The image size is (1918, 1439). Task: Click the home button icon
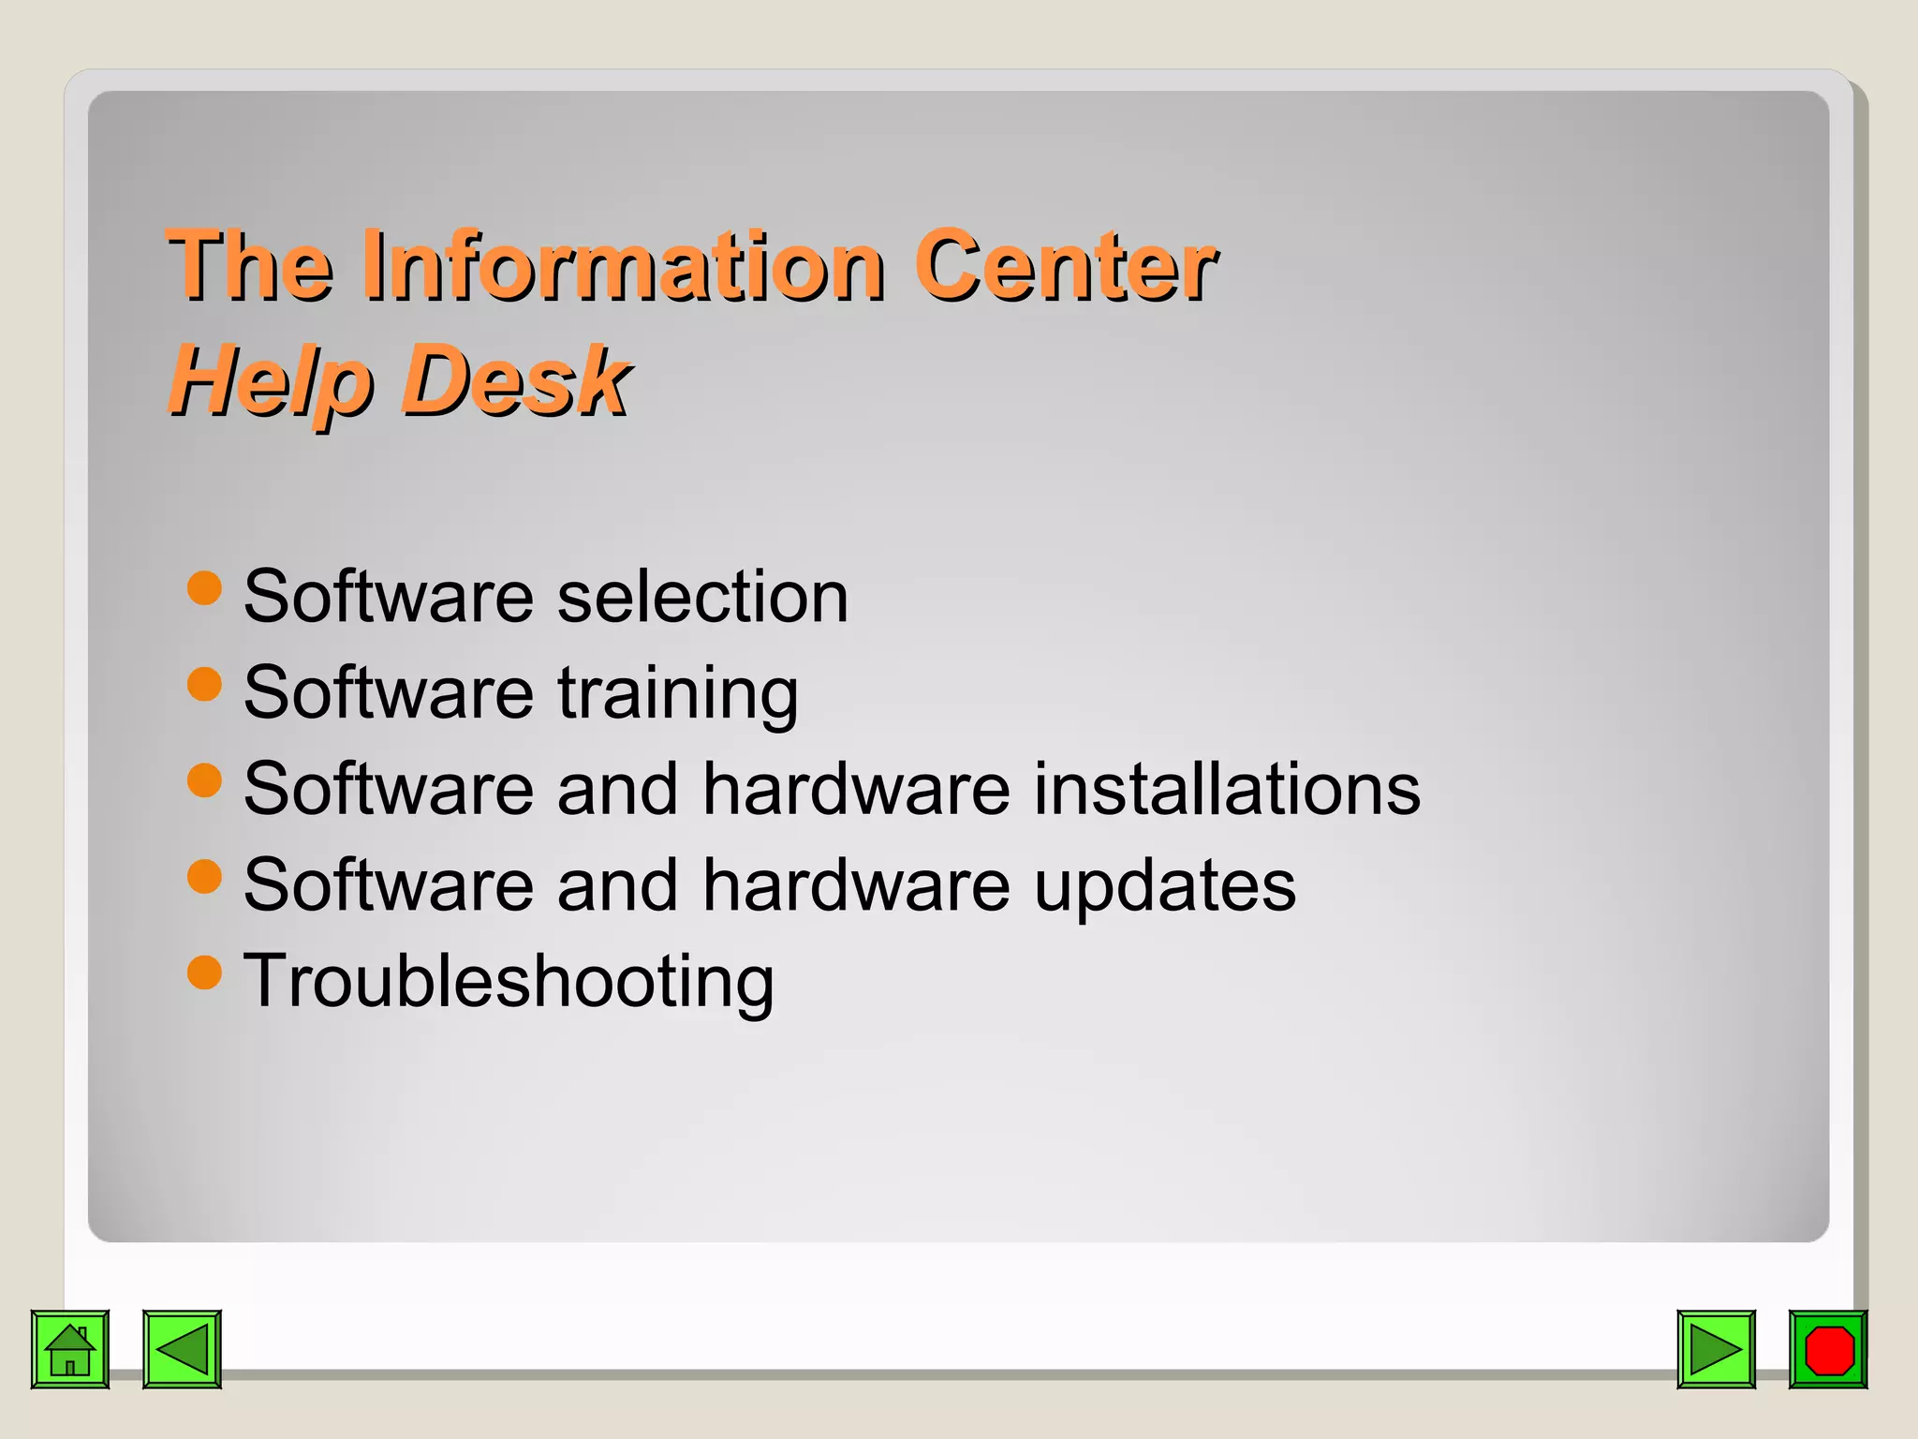point(70,1349)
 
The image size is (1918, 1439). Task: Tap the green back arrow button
point(182,1349)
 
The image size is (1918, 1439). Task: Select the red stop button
point(1828,1349)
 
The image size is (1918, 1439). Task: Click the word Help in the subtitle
point(271,381)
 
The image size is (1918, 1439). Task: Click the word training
point(678,694)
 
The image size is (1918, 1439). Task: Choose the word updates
point(1165,886)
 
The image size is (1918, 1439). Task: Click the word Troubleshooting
point(509,982)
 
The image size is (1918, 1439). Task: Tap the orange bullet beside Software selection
point(204,588)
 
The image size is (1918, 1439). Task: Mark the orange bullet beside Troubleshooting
point(204,972)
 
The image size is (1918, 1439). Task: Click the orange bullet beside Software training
point(204,684)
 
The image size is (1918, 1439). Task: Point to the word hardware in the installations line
point(856,789)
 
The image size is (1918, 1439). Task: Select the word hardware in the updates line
point(856,884)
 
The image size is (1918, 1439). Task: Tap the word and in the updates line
point(617,884)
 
